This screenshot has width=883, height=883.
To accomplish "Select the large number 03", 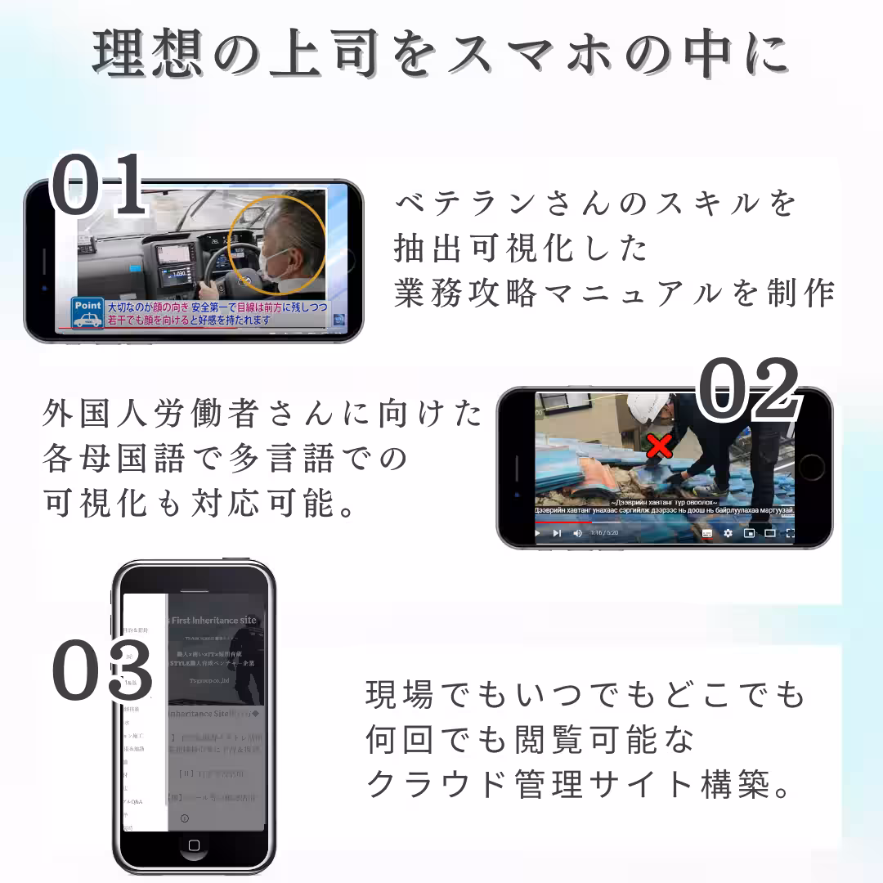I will tap(103, 673).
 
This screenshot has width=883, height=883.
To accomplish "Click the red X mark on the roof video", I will tap(659, 447).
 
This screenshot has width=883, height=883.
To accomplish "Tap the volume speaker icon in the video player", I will tap(577, 533).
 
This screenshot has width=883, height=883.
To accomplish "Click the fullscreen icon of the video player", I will tap(790, 533).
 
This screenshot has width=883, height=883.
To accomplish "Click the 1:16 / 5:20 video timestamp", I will tap(604, 533).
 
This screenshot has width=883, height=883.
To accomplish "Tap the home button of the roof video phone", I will tap(812, 468).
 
